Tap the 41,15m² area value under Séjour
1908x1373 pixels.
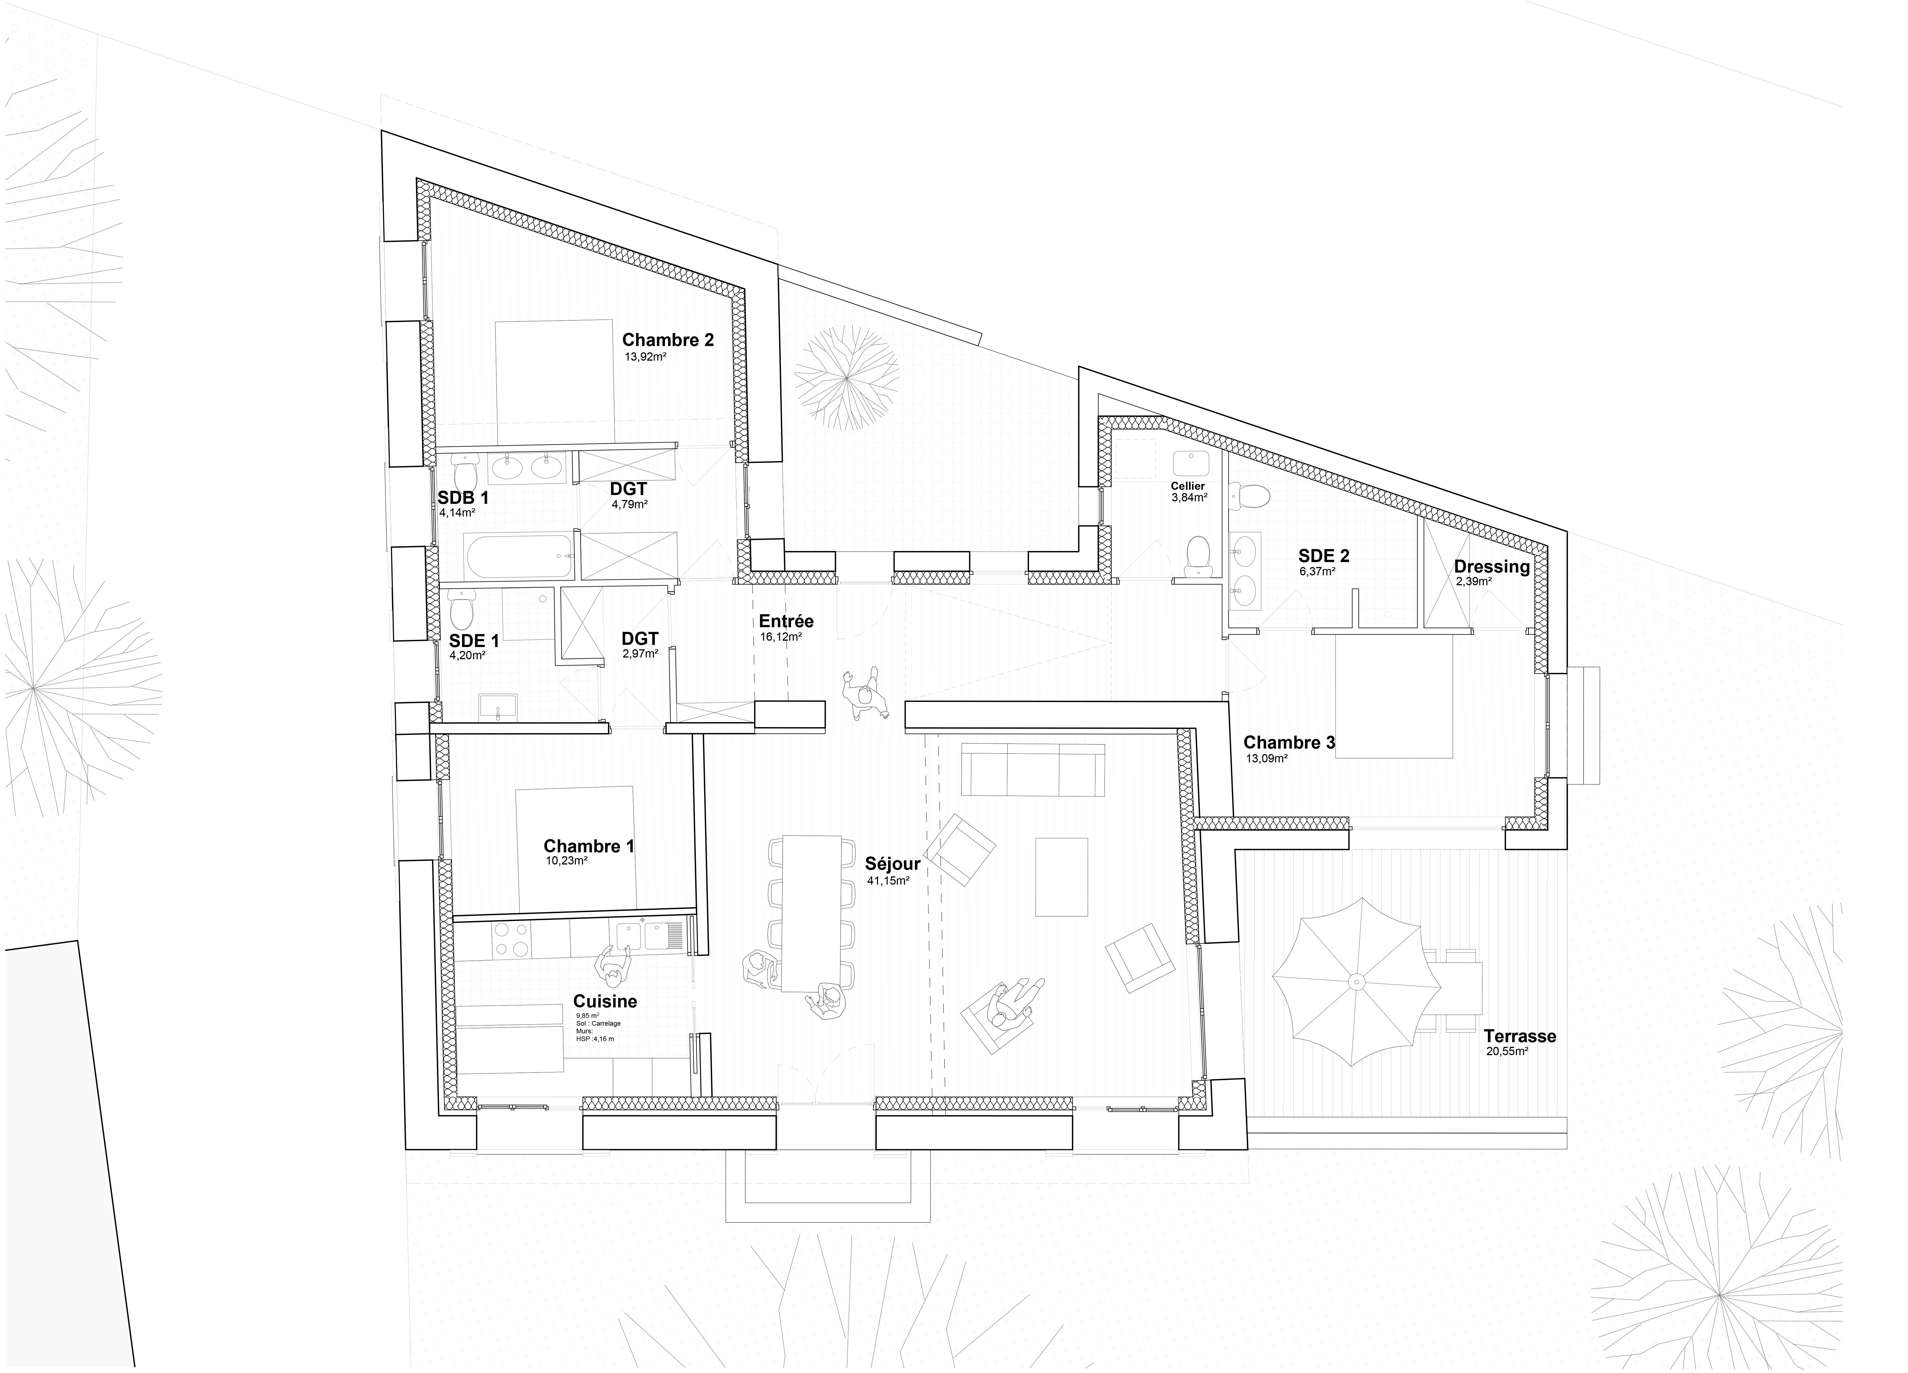(888, 881)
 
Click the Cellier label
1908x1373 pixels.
(1188, 486)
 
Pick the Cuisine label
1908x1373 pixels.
(605, 1001)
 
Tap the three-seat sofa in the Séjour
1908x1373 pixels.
(1033, 770)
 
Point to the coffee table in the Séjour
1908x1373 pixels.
(1061, 877)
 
